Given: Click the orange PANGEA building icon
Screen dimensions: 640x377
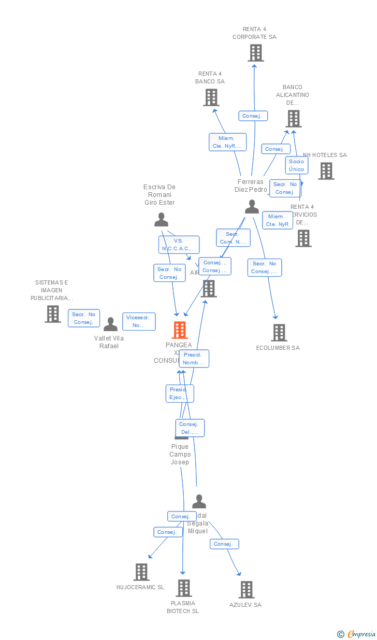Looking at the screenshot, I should pyautogui.click(x=180, y=330).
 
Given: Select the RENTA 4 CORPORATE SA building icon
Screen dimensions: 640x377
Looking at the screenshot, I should pyautogui.click(x=255, y=53).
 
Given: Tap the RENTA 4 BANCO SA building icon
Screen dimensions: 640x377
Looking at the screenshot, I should pyautogui.click(x=211, y=97).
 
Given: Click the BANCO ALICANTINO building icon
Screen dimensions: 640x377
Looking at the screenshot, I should pyautogui.click(x=294, y=119).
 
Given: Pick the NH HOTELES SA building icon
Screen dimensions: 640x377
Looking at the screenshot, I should pyautogui.click(x=326, y=171).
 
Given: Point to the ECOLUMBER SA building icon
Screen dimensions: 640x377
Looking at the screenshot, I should pyautogui.click(x=279, y=333).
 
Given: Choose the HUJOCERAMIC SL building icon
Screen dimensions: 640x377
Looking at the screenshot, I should pyautogui.click(x=141, y=572).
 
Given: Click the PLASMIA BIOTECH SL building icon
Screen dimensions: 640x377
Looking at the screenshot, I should pyautogui.click(x=184, y=588).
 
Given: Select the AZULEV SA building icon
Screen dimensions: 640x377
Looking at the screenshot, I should pyautogui.click(x=247, y=590).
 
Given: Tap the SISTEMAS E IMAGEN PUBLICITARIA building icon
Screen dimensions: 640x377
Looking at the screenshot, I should pyautogui.click(x=53, y=314).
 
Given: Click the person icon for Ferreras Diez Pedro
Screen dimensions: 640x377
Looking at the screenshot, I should pyautogui.click(x=252, y=207).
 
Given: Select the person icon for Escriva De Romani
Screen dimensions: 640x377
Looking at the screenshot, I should pyautogui.click(x=161, y=220).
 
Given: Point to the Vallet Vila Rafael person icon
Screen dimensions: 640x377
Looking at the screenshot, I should pyautogui.click(x=110, y=325).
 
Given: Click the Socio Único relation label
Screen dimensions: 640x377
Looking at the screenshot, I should pyautogui.click(x=297, y=165).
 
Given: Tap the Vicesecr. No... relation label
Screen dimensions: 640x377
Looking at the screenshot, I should pyautogui.click(x=139, y=321).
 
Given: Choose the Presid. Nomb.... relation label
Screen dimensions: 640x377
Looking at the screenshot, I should pyautogui.click(x=194, y=359).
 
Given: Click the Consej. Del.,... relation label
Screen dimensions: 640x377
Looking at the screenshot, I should pyautogui.click(x=190, y=428).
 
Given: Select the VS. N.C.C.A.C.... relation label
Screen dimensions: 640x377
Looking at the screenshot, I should pyautogui.click(x=179, y=245).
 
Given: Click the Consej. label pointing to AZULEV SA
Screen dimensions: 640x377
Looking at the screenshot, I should pyautogui.click(x=224, y=544).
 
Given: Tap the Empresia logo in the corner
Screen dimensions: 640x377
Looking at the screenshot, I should pyautogui.click(x=360, y=634).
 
